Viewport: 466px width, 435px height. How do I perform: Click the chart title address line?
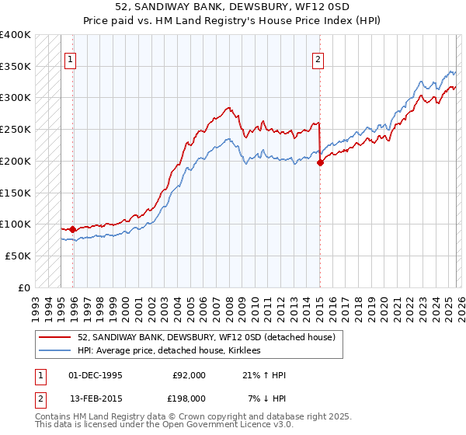click(233, 7)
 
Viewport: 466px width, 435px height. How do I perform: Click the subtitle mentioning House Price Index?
click(233, 20)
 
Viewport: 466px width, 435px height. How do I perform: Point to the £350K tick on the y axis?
click(16, 66)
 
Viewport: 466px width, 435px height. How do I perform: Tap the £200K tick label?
click(16, 161)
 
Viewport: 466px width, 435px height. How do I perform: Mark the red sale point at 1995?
click(73, 229)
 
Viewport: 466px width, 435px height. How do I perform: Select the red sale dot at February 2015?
click(320, 162)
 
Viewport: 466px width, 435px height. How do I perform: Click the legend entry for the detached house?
click(206, 337)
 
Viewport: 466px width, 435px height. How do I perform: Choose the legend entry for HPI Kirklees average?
click(169, 351)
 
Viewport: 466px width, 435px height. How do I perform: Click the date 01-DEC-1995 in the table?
click(96, 375)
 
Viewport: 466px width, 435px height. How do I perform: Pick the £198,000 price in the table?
click(190, 398)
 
